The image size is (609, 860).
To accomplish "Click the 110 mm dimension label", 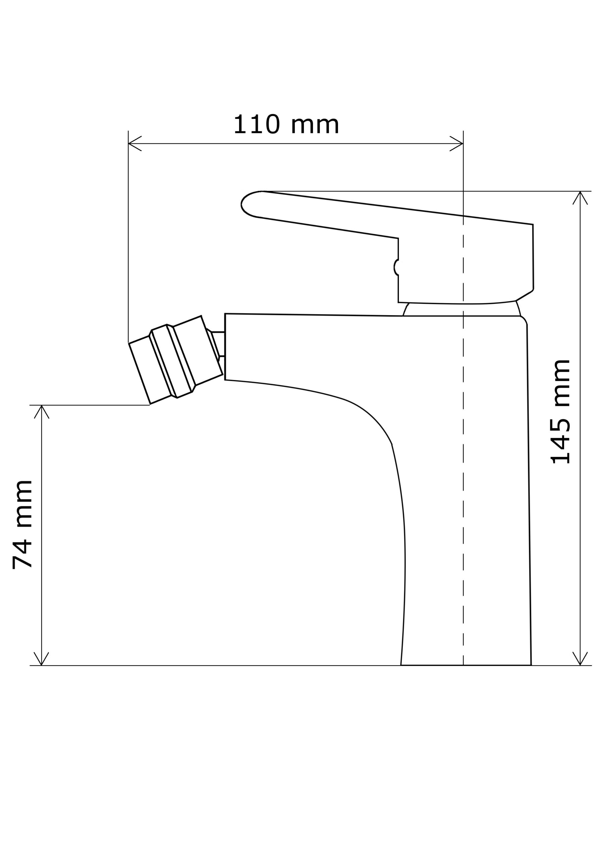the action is [286, 124].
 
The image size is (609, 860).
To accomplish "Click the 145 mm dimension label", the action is [560, 412].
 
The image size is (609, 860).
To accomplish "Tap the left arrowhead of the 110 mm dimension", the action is [134, 143].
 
